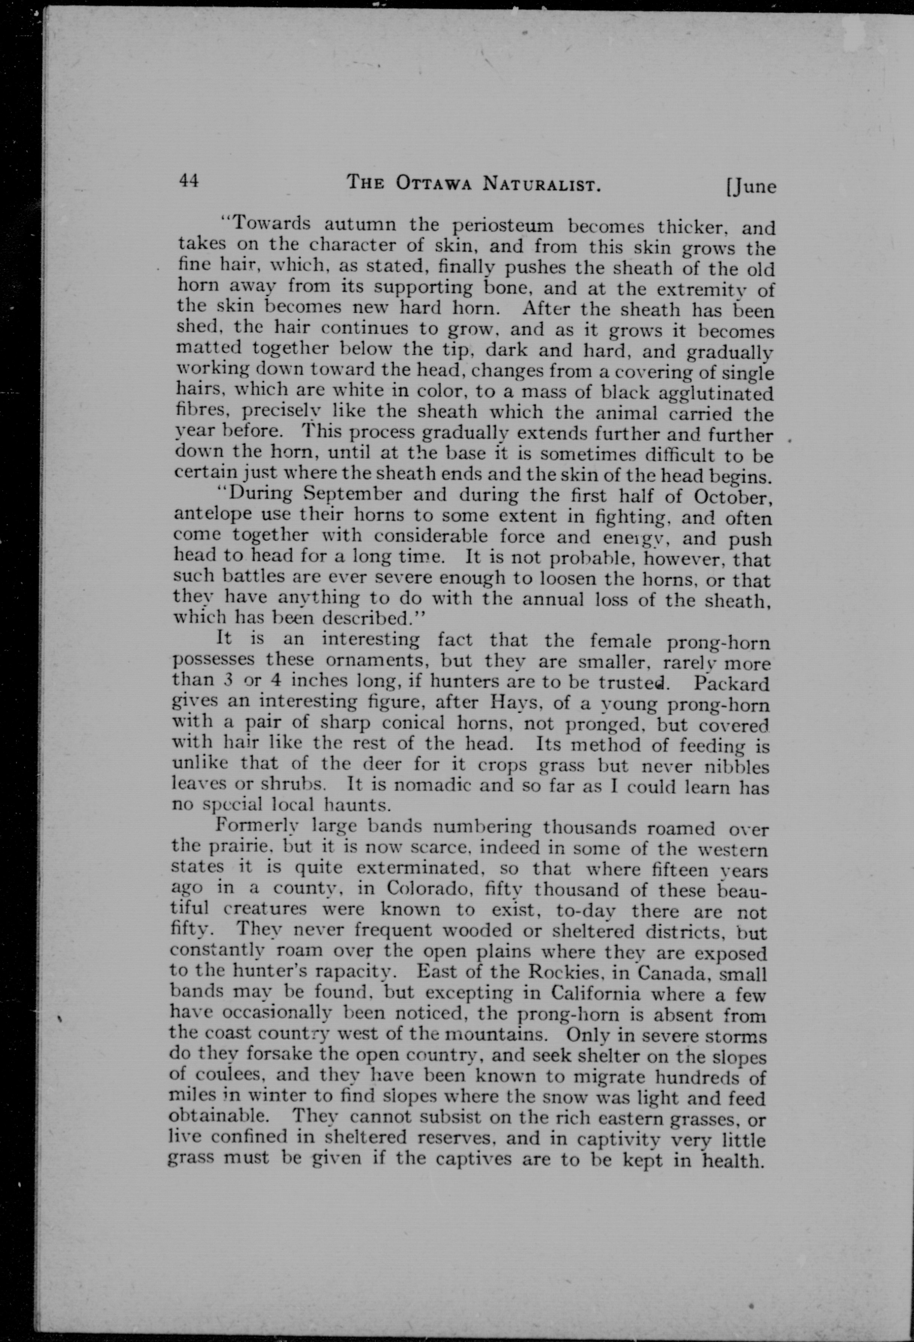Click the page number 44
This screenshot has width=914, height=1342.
pyautogui.click(x=189, y=181)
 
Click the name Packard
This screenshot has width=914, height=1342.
pyautogui.click(x=732, y=684)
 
